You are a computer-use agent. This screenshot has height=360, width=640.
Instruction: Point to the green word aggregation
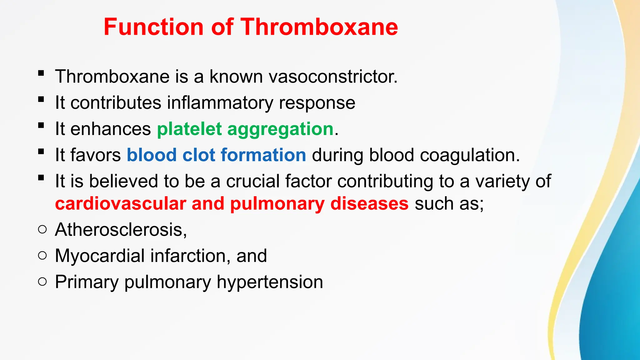[280, 129]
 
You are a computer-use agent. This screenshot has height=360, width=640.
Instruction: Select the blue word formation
[263, 155]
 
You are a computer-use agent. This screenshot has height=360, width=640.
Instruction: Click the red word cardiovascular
[121, 203]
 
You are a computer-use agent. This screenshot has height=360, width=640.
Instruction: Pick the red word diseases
[369, 203]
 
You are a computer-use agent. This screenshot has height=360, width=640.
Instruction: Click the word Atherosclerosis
[121, 230]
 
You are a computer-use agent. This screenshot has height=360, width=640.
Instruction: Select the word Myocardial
[100, 256]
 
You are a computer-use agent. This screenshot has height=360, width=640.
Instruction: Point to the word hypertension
[270, 282]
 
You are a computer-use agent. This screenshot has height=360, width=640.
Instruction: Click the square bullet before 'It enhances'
[41, 126]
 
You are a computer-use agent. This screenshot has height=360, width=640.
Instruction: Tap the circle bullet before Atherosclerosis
[42, 230]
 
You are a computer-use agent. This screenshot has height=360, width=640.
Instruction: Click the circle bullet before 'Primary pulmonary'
[42, 282]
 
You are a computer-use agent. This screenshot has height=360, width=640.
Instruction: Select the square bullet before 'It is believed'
[41, 178]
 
